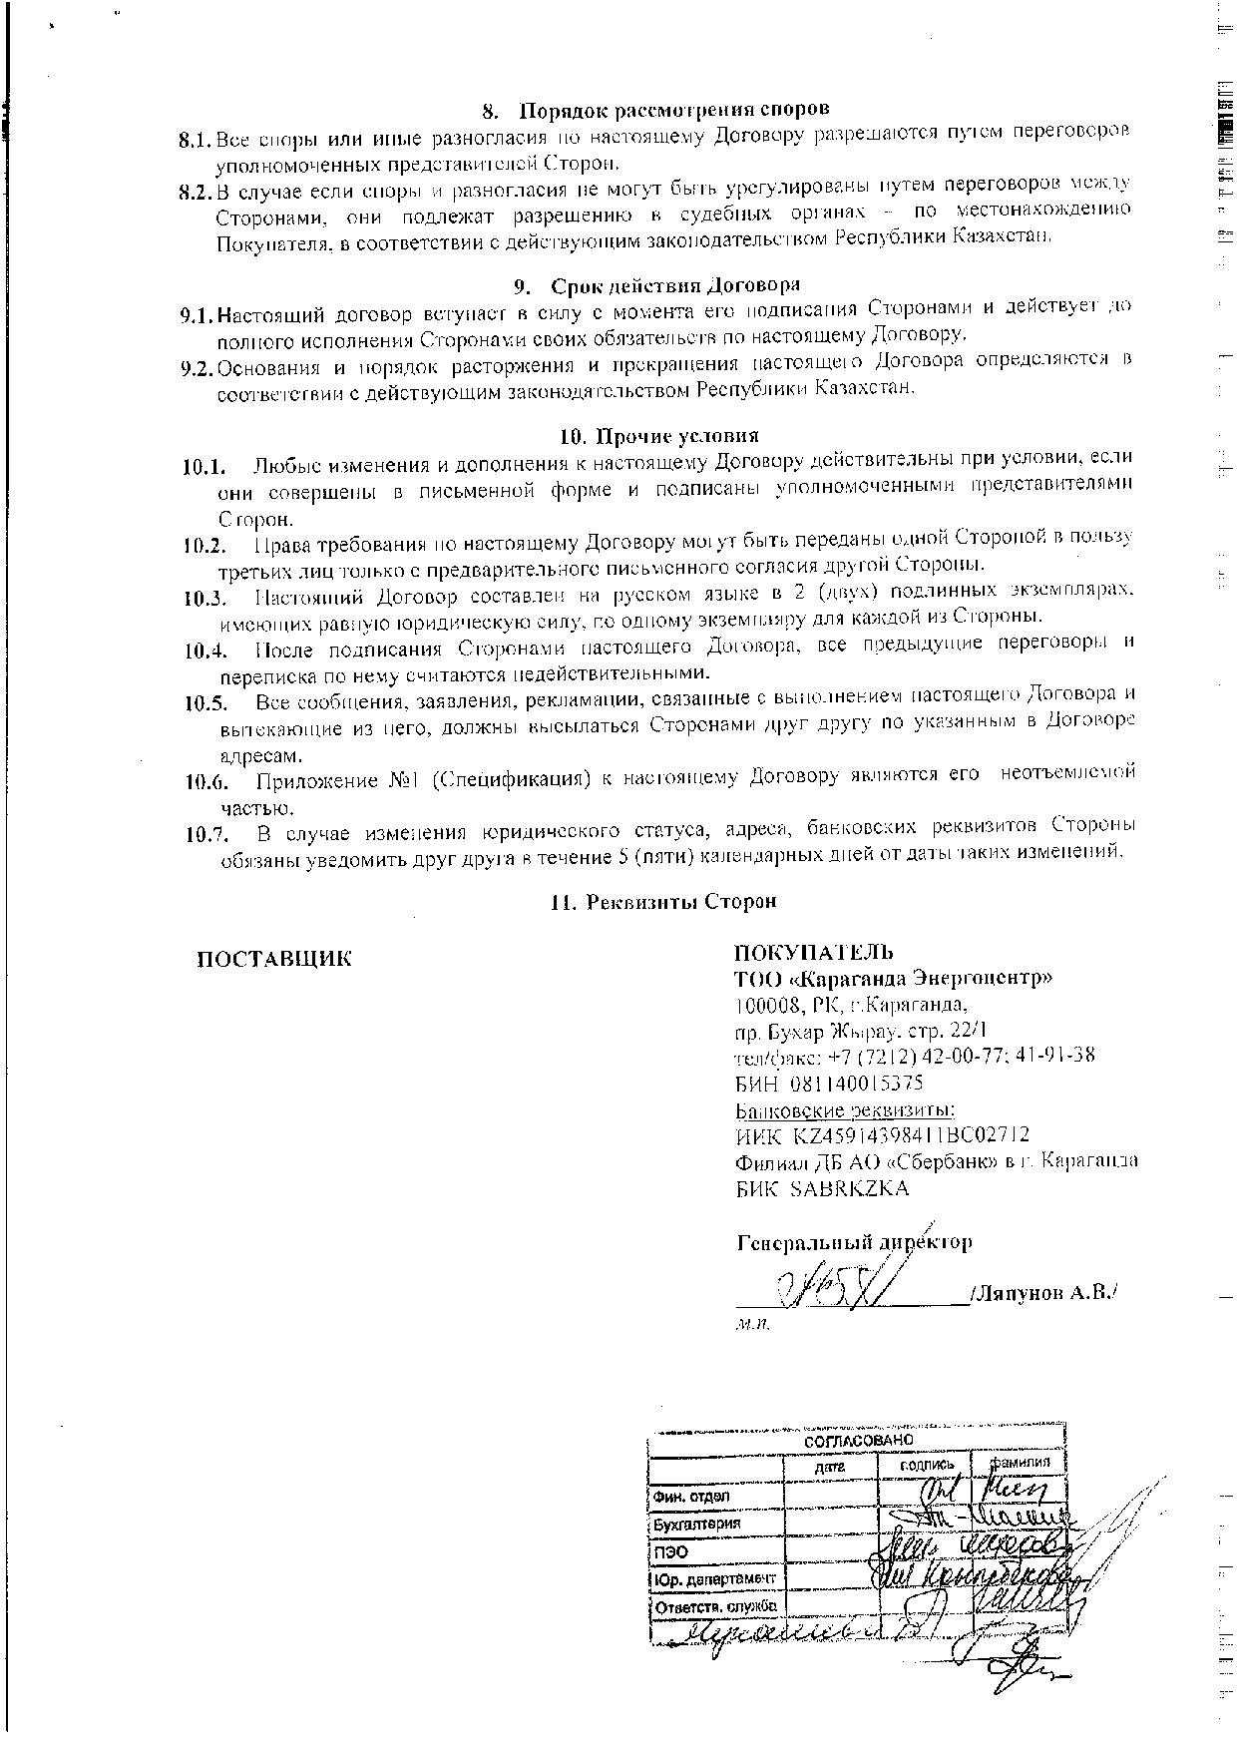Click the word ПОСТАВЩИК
tap(274, 960)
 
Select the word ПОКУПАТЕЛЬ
tap(814, 952)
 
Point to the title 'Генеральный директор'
tap(854, 1243)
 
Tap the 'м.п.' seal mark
tap(753, 1325)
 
